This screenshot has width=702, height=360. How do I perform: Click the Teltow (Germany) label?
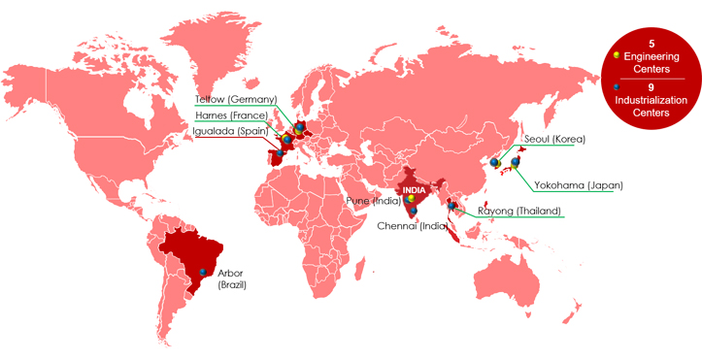236,99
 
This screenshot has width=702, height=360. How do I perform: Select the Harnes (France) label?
231,115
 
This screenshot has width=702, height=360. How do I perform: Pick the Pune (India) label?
375,200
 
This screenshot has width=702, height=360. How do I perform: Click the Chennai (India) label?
412,226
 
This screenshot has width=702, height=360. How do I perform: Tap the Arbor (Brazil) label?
232,278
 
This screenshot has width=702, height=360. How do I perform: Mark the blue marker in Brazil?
203,273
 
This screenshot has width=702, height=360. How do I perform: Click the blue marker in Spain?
279,152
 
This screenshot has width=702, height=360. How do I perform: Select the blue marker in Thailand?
451,205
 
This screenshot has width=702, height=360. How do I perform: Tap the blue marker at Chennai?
414,211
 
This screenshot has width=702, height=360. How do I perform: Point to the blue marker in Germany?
300,126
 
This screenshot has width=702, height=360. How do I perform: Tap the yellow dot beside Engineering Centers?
618,55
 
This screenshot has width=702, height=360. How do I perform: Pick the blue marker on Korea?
495,163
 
